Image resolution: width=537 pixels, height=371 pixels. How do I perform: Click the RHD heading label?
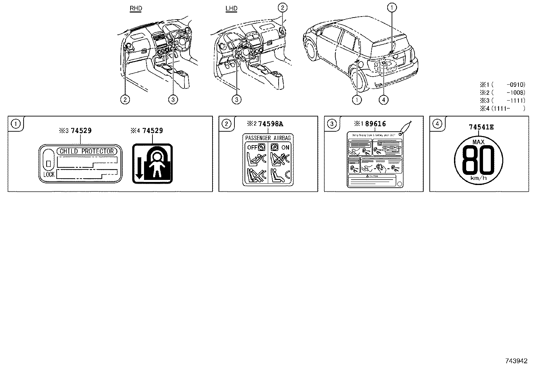point(136,8)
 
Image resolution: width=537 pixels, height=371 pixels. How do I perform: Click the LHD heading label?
point(231,8)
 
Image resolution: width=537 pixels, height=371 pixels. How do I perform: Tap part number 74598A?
point(271,124)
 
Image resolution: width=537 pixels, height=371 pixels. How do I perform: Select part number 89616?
point(375,124)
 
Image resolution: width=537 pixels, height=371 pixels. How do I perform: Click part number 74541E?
point(481,127)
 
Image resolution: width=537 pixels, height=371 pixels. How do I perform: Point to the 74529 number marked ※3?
point(81,130)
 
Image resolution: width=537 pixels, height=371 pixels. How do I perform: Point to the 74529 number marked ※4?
point(152,130)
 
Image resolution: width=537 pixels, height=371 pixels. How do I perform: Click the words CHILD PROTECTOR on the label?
point(87,151)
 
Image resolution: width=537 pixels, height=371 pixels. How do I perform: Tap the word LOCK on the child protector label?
point(49,175)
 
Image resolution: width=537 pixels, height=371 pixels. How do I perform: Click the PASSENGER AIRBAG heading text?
point(268,138)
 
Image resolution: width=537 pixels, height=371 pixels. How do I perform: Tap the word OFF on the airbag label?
point(252,148)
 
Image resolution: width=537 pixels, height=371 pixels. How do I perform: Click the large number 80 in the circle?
point(478,160)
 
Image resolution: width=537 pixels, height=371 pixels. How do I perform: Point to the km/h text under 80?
point(478,178)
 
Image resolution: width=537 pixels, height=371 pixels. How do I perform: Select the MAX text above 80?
point(478,142)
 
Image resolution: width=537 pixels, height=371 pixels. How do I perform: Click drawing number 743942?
point(516,361)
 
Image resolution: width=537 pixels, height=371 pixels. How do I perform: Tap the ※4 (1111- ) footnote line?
point(503,108)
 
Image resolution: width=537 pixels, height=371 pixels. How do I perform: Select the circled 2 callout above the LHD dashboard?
point(283,7)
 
